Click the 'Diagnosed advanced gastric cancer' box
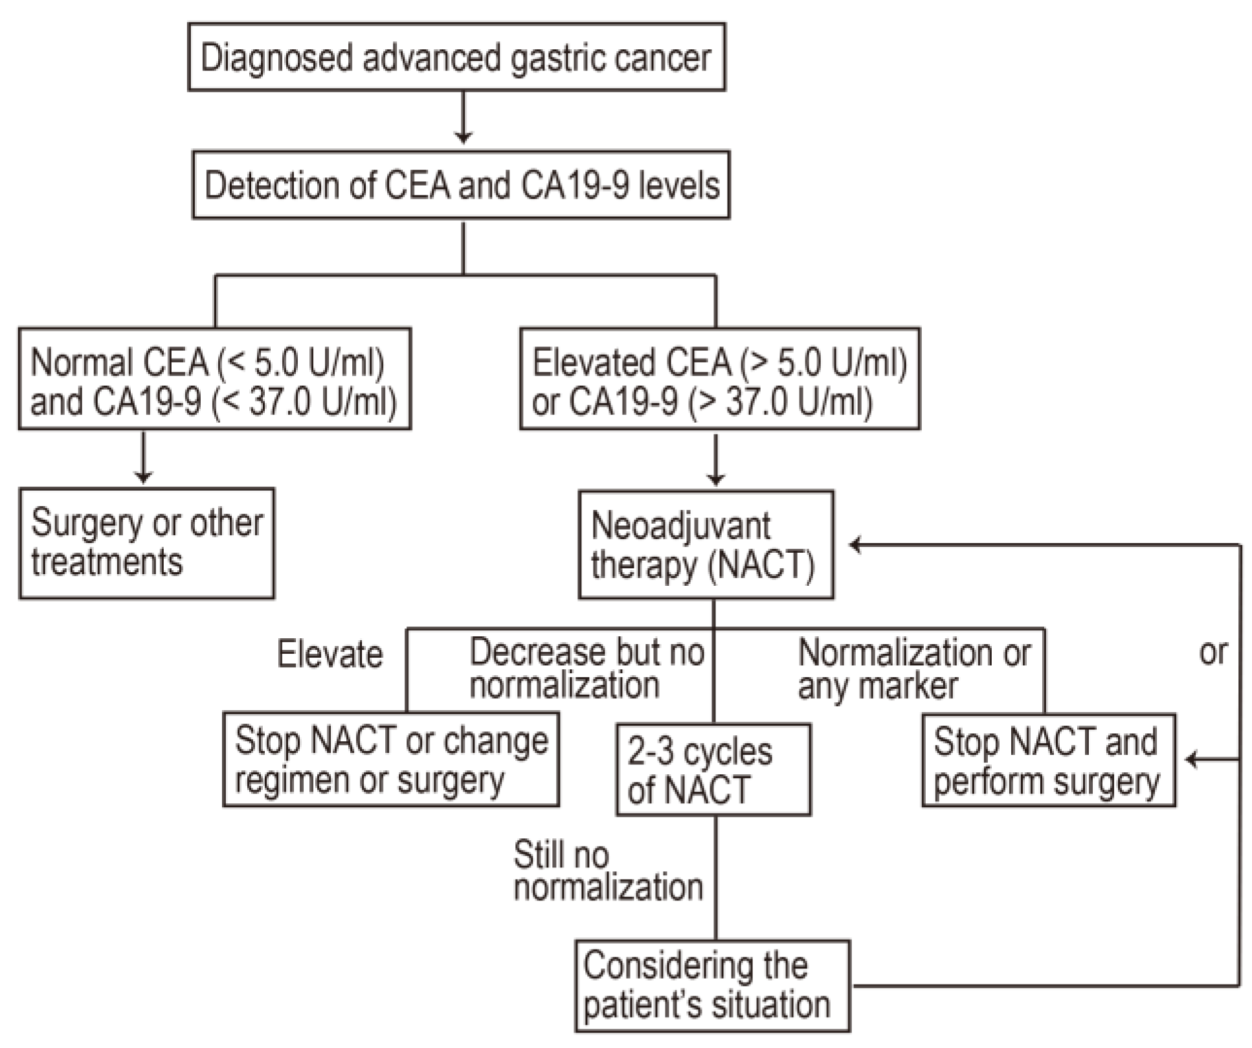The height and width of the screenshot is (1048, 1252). point(456,57)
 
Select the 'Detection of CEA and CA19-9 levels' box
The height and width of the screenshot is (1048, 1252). point(461,185)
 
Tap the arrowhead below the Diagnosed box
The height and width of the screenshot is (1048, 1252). point(463,137)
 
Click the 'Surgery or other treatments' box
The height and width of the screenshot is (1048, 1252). point(146,543)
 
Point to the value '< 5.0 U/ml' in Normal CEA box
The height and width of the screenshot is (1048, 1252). point(301,362)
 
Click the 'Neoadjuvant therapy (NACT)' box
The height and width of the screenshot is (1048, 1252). point(706,544)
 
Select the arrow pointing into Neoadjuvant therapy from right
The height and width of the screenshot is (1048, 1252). point(856,545)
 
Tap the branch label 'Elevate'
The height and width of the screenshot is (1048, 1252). point(330,654)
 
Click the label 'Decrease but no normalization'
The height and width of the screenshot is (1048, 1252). point(586,669)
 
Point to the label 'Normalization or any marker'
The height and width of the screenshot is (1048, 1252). point(913,669)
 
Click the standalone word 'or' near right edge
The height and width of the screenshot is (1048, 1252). point(1213,652)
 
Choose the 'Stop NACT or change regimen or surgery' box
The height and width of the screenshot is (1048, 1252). point(391,759)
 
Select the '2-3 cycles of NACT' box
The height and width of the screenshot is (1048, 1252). point(713,770)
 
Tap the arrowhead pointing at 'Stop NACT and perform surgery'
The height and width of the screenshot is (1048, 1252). point(1193,759)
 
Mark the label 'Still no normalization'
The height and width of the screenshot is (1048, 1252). point(607,871)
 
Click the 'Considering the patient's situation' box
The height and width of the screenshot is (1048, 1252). point(712,985)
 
